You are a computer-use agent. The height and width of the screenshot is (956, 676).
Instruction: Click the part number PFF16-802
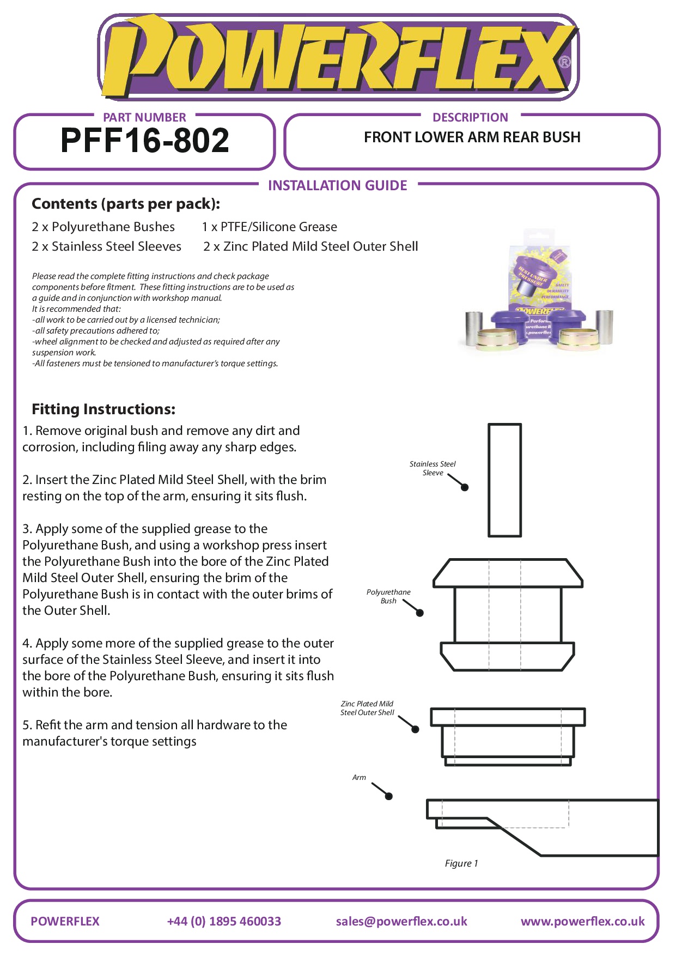point(145,141)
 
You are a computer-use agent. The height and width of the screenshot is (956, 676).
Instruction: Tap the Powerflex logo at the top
point(338,58)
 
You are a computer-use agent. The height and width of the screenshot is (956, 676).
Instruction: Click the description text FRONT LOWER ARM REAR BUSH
point(472,137)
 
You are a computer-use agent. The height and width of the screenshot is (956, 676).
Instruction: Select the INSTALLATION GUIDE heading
point(337,186)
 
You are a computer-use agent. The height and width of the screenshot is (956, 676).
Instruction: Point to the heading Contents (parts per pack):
point(126,204)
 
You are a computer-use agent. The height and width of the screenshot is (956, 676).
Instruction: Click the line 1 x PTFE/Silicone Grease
point(269,227)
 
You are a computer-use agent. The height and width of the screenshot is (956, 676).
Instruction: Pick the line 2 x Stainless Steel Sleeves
point(106,246)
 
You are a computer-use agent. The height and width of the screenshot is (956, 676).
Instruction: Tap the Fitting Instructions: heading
point(103,409)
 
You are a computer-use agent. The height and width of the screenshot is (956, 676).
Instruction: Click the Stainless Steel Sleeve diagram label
point(433,468)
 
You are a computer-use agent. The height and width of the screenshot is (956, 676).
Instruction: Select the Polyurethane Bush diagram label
point(388,596)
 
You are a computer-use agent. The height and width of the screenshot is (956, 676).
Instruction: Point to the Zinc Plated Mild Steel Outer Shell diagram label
point(367,708)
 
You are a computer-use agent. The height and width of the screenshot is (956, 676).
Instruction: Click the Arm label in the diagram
point(359,777)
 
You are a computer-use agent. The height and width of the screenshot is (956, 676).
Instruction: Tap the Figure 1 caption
point(461,863)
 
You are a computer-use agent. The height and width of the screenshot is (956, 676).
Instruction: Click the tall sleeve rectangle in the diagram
point(504,480)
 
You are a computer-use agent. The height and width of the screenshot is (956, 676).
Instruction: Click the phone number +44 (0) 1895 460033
point(224,921)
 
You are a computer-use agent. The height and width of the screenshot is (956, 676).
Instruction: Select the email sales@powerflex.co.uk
point(401,921)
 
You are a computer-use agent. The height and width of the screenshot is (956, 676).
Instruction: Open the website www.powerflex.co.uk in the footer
point(582,921)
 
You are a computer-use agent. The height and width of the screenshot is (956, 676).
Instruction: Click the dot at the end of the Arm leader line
point(389,796)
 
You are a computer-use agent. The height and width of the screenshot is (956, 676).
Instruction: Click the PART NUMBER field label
point(144,117)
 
